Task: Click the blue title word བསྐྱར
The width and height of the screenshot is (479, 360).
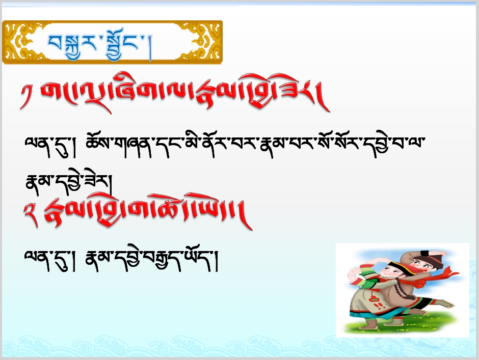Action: coord(72,45)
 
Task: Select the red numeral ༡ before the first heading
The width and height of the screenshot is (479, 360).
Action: coord(26,96)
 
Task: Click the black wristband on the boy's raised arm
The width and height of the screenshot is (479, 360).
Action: coord(425,253)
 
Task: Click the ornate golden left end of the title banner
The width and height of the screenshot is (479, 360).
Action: coord(18,42)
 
